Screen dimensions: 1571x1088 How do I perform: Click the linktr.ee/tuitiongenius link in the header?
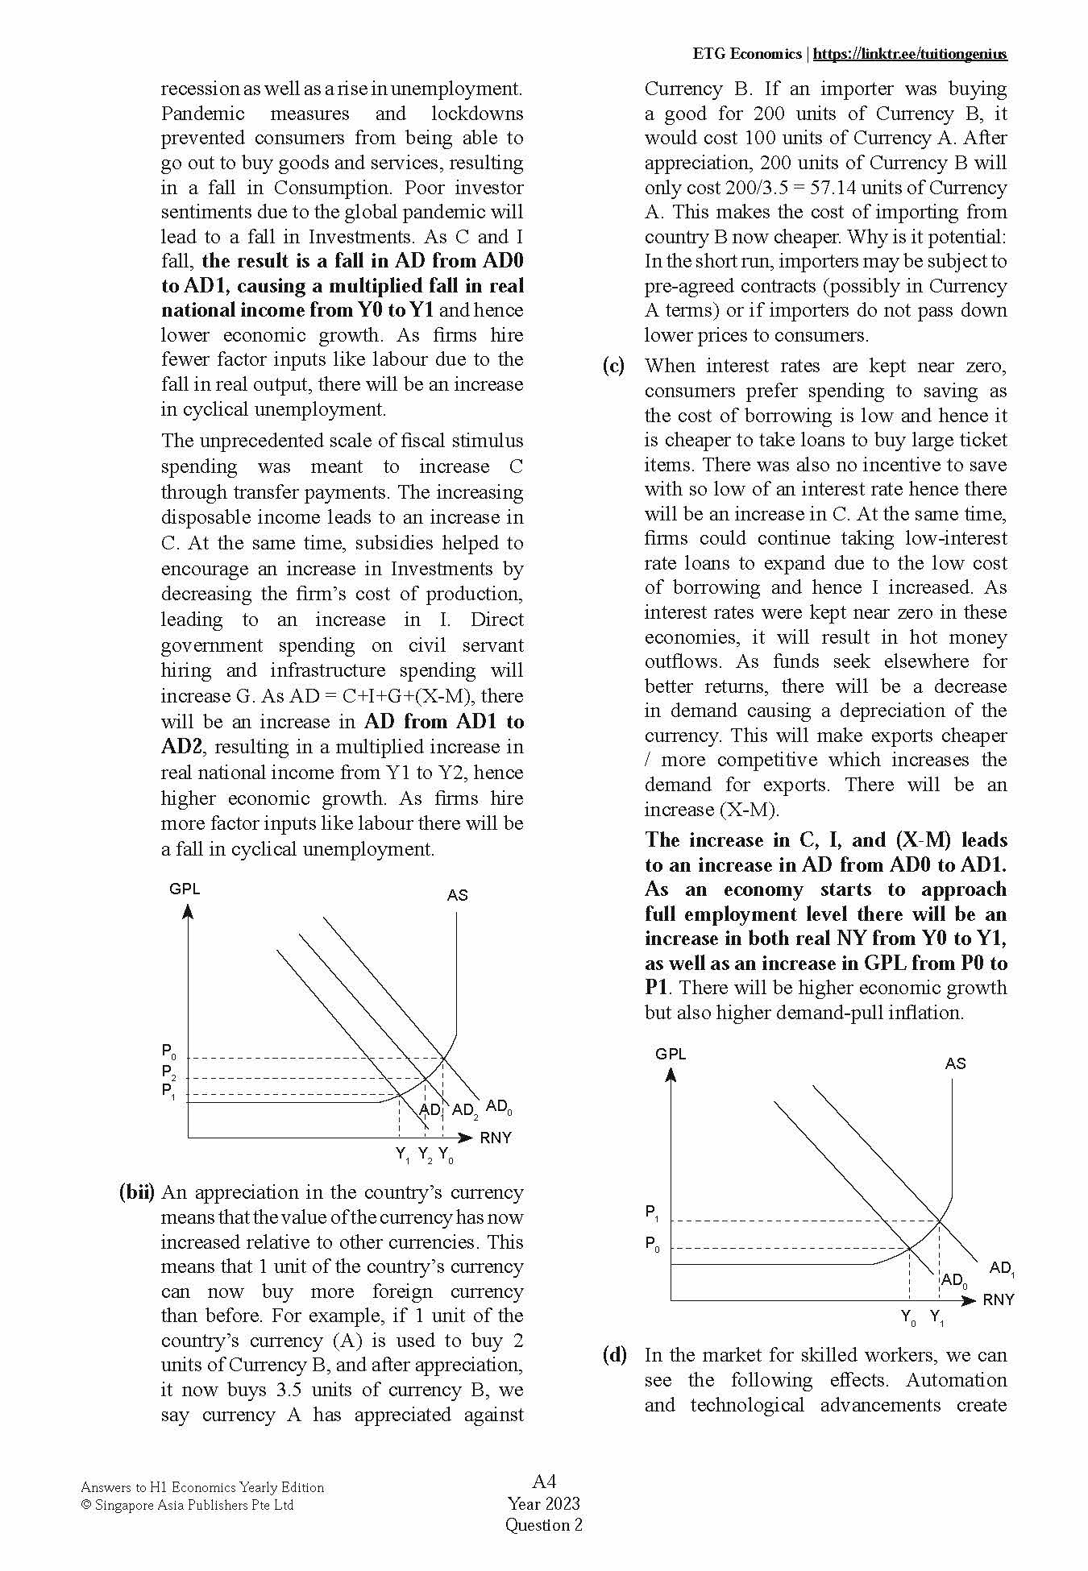point(910,54)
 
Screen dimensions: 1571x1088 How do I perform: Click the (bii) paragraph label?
point(136,1192)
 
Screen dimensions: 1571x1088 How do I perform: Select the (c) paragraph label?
point(613,366)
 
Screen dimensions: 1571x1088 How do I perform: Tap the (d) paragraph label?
point(614,1355)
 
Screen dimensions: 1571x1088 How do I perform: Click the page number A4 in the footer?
point(544,1481)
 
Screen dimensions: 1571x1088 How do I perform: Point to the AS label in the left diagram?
point(457,895)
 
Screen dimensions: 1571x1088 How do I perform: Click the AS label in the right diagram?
point(955,1063)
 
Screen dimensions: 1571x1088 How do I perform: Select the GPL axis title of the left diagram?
point(185,889)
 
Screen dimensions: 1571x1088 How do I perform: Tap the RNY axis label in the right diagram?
point(998,1299)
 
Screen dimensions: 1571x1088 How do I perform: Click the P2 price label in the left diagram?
point(168,1072)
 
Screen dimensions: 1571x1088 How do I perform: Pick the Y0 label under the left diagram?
point(446,1155)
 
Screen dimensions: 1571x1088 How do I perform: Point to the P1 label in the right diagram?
point(652,1213)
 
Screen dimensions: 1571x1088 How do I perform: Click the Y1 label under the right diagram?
point(937,1318)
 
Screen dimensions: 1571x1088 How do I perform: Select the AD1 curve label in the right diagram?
point(1002,1268)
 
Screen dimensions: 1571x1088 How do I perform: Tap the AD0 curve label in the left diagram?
point(499,1107)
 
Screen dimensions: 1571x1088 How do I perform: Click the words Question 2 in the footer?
point(543,1524)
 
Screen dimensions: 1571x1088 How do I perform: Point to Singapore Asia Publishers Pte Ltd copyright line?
point(188,1505)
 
